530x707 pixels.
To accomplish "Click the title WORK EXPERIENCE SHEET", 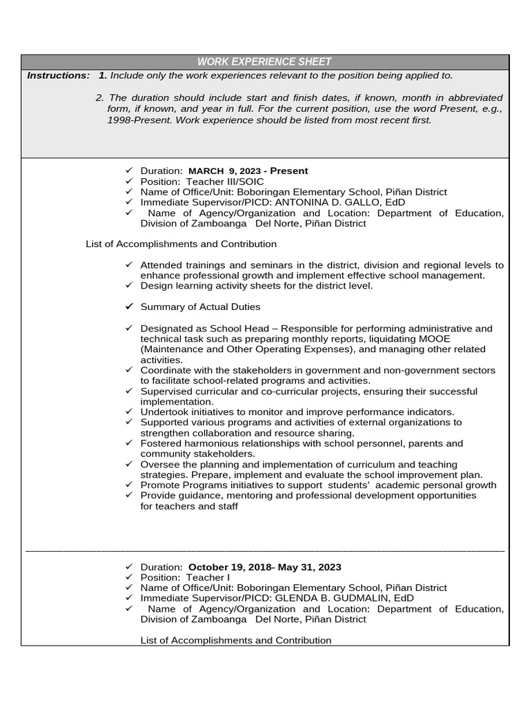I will point(264,62).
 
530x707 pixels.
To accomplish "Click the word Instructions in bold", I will point(58,75).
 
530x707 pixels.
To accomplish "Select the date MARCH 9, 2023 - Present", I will point(248,171).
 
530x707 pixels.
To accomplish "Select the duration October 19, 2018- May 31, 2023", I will point(264,567).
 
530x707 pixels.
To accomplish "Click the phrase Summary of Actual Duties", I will point(200,307).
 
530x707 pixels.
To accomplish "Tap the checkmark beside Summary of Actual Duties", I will point(128,306).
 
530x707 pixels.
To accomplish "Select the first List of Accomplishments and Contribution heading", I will point(181,244).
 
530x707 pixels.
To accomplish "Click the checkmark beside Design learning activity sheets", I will point(128,285).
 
